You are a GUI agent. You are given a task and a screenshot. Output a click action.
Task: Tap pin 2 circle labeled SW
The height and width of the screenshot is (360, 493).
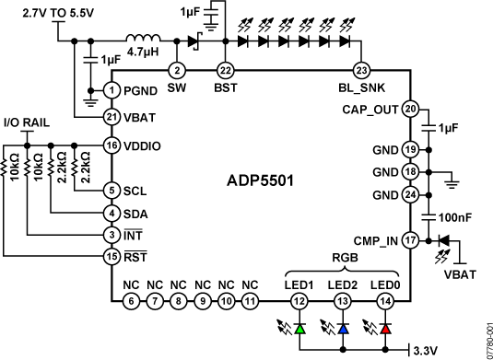(x=179, y=70)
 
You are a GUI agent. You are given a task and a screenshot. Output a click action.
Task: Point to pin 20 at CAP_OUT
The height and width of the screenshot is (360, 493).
(x=411, y=108)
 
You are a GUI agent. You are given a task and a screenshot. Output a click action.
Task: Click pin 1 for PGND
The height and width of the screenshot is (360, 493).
(x=112, y=90)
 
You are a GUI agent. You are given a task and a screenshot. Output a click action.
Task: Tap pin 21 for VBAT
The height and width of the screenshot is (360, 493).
(x=112, y=117)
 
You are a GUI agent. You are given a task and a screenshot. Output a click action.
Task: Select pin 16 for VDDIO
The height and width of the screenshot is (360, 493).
(x=112, y=145)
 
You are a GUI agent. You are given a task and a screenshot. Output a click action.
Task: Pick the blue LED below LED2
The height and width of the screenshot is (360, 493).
(x=343, y=328)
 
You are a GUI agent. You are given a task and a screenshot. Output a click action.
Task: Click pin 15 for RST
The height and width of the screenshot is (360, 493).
(x=112, y=255)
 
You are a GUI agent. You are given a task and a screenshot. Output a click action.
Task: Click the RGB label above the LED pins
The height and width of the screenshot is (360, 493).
(x=342, y=259)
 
